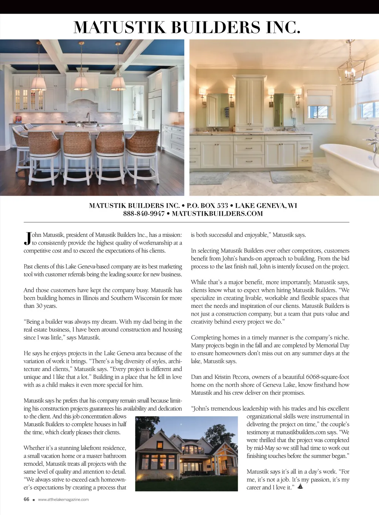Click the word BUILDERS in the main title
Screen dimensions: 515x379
coord(215,28)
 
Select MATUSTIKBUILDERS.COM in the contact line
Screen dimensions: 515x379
coord(217,213)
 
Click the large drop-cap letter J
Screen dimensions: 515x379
coord(27,239)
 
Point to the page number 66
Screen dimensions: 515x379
coord(26,499)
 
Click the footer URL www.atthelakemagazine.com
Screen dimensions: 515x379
coord(63,499)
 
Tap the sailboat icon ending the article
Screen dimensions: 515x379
coord(300,487)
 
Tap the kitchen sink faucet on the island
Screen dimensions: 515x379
coord(88,118)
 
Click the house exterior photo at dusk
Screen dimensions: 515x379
coord(186,454)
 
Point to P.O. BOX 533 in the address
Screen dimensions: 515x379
coord(207,206)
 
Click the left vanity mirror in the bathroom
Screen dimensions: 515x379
coord(218,110)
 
